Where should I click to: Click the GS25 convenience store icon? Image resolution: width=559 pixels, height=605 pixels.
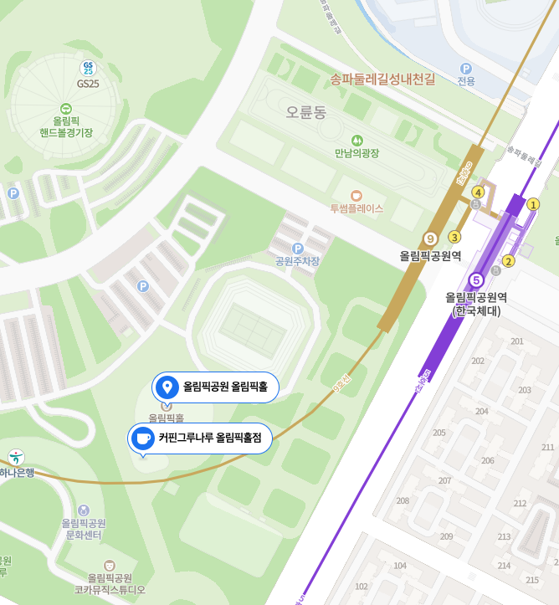point(88,68)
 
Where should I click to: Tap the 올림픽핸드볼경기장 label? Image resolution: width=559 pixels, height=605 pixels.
point(66,126)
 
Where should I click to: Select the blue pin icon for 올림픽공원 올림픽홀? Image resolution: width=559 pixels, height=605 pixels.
point(167,387)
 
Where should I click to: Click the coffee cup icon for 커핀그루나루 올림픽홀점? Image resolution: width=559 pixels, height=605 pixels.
point(143,438)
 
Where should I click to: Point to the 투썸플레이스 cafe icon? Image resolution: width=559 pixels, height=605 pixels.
point(356,193)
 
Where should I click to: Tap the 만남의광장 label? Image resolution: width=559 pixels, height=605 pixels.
point(356,153)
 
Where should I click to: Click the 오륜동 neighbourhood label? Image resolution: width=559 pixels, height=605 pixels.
point(305,112)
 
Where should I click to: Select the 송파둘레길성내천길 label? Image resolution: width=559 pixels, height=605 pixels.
point(382,79)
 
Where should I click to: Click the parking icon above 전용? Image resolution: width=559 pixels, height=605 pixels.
point(466,68)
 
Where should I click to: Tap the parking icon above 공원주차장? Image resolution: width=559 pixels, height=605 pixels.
point(297,248)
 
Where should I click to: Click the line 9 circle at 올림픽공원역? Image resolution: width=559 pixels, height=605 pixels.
point(431,239)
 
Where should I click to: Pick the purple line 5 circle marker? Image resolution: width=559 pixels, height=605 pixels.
point(476,279)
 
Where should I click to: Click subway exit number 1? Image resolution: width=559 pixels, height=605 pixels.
point(533,203)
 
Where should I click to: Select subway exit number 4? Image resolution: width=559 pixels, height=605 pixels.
point(478,192)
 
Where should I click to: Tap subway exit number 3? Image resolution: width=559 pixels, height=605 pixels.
point(455,237)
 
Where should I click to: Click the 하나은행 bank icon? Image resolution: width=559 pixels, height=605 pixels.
point(16,457)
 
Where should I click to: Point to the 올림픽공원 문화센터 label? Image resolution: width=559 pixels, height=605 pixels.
point(83,528)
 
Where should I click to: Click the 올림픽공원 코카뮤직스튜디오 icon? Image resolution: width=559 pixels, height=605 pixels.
point(109,566)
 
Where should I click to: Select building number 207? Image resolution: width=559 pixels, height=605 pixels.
point(444,480)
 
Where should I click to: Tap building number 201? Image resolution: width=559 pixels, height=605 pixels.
point(516,341)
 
